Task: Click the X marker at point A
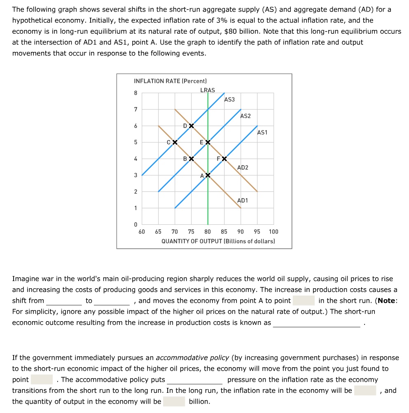[208, 175]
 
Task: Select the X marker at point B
[191, 159]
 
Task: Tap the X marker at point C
[175, 142]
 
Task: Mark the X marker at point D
[191, 126]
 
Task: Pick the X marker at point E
[208, 142]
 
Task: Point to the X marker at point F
[224, 159]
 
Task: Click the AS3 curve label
[229, 100]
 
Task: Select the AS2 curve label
[245, 116]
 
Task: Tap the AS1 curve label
[262, 132]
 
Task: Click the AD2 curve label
[243, 168]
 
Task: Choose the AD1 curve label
[243, 201]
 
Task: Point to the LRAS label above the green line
[207, 90]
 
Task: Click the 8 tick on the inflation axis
[136, 93]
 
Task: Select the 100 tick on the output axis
[273, 232]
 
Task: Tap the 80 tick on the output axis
[208, 232]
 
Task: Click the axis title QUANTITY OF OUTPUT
[218, 241]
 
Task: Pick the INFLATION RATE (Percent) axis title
[170, 81]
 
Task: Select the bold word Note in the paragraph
[386, 301]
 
